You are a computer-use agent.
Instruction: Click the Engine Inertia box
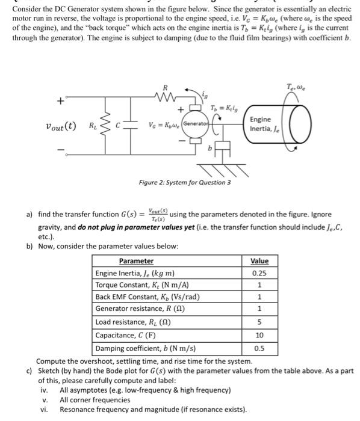pyautogui.click(x=261, y=123)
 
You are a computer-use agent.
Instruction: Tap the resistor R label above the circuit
pyautogui.click(x=157, y=88)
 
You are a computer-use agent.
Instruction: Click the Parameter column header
pyautogui.click(x=136, y=261)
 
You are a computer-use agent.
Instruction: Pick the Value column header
pyautogui.click(x=259, y=261)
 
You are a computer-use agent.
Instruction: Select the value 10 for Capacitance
pyautogui.click(x=259, y=334)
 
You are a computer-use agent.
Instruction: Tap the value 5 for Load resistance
pyautogui.click(x=259, y=322)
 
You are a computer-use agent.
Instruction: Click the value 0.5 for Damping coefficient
pyautogui.click(x=259, y=347)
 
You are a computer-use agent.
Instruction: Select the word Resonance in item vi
pyautogui.click(x=76, y=410)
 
